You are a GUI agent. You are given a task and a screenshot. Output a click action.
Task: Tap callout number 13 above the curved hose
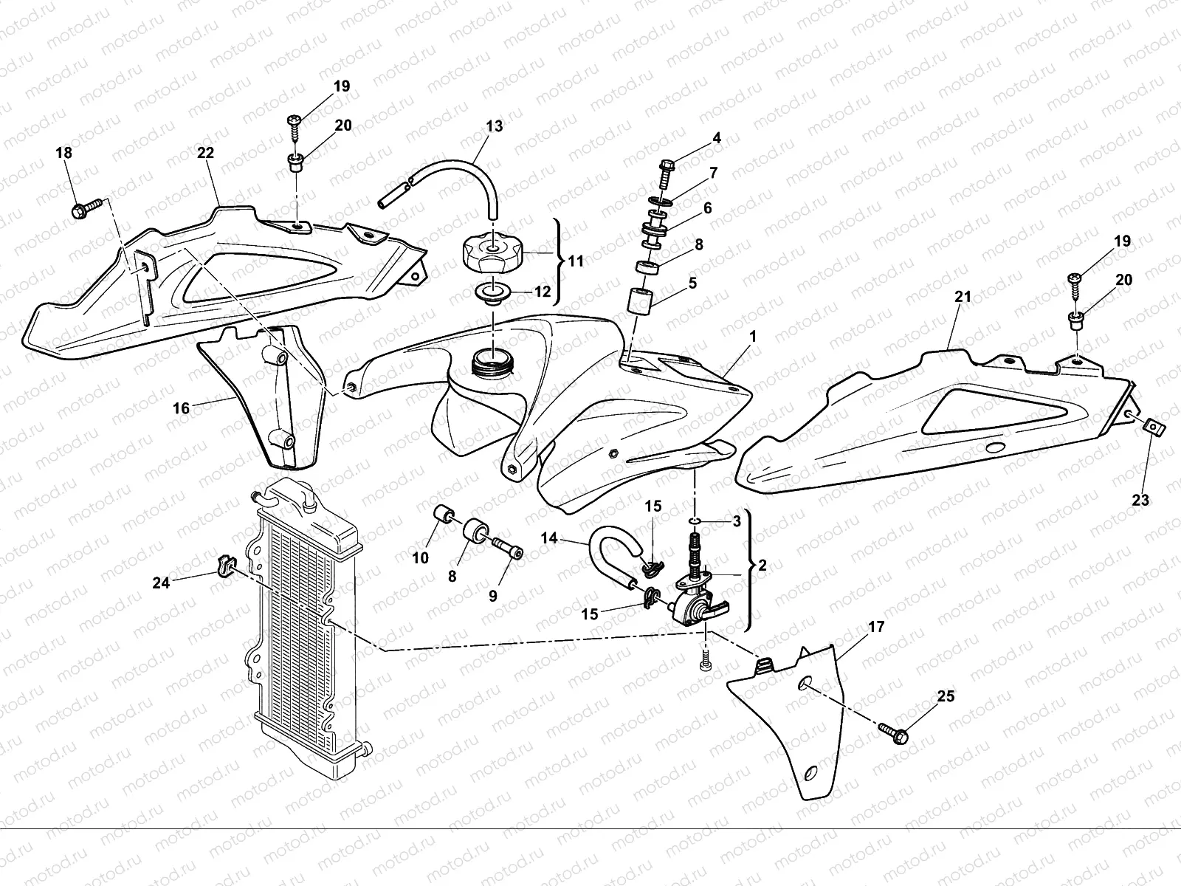(x=494, y=126)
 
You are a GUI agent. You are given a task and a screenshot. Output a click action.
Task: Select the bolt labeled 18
(x=86, y=208)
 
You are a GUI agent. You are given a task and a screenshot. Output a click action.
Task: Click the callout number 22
(x=205, y=154)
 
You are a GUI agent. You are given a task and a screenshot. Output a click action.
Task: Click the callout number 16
(x=181, y=408)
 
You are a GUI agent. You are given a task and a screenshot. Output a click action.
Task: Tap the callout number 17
(x=876, y=627)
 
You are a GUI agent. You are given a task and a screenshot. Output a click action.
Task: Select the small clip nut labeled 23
(x=1152, y=428)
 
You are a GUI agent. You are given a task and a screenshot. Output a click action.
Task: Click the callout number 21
(x=963, y=296)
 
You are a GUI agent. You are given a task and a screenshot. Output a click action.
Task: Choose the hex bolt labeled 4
(x=666, y=174)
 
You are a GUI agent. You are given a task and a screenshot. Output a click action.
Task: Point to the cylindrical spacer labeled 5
(x=641, y=301)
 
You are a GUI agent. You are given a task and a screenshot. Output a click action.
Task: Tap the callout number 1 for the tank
(x=753, y=336)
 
